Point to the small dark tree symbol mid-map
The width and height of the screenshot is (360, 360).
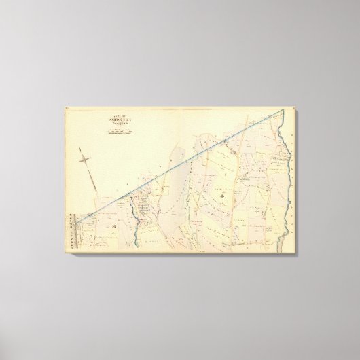(x=222, y=197)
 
